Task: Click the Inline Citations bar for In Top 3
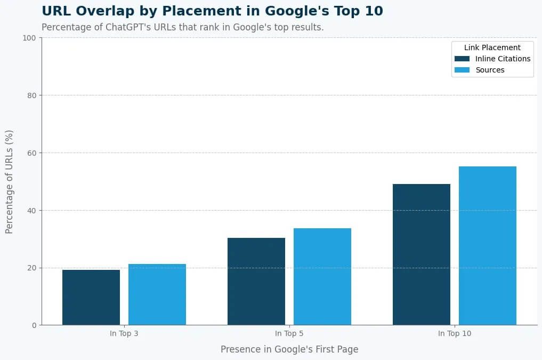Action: tap(91, 297)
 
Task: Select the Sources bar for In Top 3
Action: tap(157, 294)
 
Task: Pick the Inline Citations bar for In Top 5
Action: tap(256, 281)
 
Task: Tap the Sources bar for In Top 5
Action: tap(322, 276)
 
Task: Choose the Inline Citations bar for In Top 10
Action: tap(422, 254)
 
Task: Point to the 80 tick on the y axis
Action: tap(30, 95)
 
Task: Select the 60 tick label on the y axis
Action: tap(30, 153)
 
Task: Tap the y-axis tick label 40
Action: tap(30, 211)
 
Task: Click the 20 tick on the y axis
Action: tap(30, 268)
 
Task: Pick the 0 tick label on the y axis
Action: tap(33, 325)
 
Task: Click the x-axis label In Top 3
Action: tap(124, 334)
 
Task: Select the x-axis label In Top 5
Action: tap(289, 334)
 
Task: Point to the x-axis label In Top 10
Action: tap(455, 334)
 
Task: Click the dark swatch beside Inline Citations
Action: tap(462, 59)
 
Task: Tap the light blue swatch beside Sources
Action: tap(462, 70)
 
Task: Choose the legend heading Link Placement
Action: tap(492, 47)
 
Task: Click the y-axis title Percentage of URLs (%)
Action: tap(9, 181)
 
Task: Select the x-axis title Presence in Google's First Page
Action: tap(289, 349)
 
